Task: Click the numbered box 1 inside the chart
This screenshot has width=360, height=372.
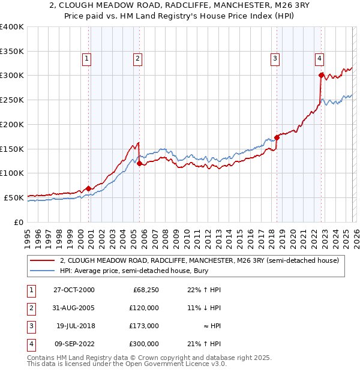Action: pyautogui.click(x=87, y=58)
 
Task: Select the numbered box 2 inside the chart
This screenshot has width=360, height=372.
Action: pyautogui.click(x=137, y=58)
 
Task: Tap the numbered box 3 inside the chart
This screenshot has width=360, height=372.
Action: pyautogui.click(x=275, y=58)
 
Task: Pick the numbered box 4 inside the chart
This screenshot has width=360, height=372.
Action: pyautogui.click(x=319, y=58)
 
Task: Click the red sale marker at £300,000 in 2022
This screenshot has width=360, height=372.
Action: pyautogui.click(x=321, y=75)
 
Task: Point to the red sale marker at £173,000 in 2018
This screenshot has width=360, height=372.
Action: pyautogui.click(x=277, y=137)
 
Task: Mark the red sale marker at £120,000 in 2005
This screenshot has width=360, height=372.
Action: pyautogui.click(x=139, y=163)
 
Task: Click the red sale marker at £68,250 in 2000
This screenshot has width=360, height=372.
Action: pyautogui.click(x=88, y=188)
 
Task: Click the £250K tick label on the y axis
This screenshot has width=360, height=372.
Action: pyautogui.click(x=12, y=100)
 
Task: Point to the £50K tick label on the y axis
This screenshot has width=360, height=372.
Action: pyautogui.click(x=14, y=197)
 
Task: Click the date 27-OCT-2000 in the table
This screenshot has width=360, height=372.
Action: pyautogui.click(x=74, y=290)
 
